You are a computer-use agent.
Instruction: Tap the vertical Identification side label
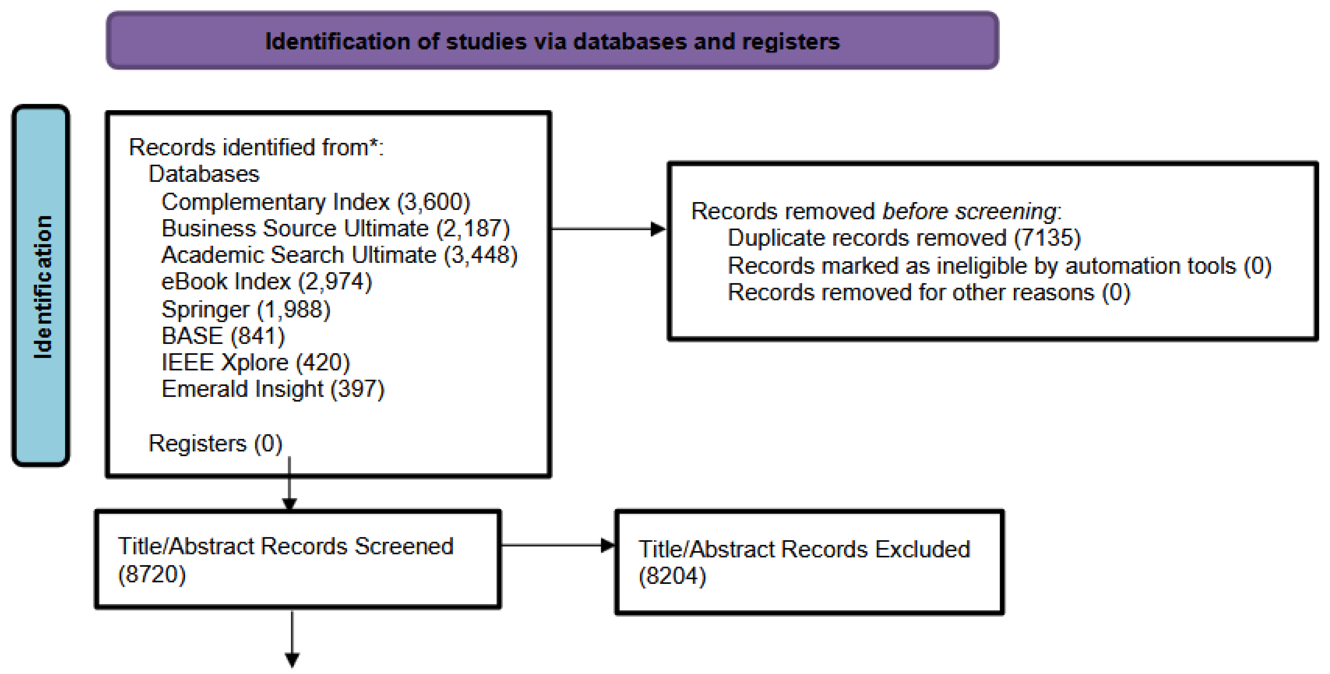pos(42,286)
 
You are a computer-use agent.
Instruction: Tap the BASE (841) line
pos(223,336)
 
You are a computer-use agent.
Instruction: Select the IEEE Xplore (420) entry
pos(256,362)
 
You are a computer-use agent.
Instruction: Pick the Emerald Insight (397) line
pos(273,389)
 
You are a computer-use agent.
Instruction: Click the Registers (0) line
pos(215,444)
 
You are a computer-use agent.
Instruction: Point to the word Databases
pos(204,174)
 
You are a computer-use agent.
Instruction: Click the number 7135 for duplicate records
pos(1048,238)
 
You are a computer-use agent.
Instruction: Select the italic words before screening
pos(970,211)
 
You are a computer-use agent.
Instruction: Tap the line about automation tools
pos(999,266)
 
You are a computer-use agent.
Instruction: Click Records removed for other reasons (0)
pos(929,293)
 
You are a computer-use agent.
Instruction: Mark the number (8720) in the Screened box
pos(152,574)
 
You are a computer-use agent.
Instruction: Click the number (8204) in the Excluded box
pos(672,576)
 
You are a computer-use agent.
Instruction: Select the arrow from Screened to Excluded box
pos(557,545)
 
